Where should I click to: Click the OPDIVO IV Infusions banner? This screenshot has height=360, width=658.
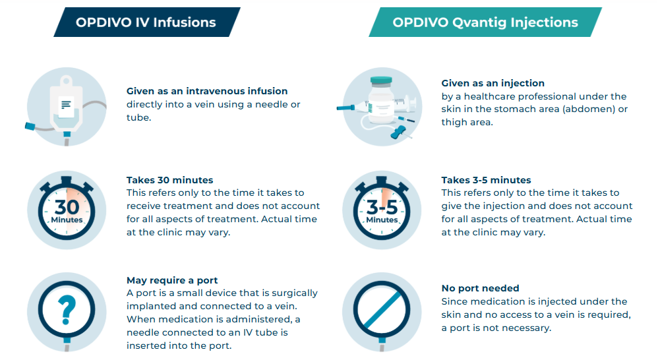[x=147, y=22]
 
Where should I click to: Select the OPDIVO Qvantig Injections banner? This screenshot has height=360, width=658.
[x=485, y=22]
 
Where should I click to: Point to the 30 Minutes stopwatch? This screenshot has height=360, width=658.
[x=67, y=208]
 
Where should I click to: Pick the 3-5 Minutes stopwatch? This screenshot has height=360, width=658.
[x=382, y=208]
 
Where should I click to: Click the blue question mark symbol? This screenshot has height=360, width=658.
[x=67, y=310]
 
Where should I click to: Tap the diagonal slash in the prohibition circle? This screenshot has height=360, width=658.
[x=382, y=310]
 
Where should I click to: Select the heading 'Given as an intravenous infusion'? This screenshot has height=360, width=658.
[x=207, y=91]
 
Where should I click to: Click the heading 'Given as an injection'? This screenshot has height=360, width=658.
[x=493, y=83]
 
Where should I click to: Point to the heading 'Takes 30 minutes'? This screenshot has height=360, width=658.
[x=169, y=180]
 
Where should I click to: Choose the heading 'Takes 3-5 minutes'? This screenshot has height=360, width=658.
[x=486, y=180]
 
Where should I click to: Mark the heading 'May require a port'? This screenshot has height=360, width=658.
[x=172, y=280]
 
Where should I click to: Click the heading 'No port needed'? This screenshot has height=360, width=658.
[x=480, y=288]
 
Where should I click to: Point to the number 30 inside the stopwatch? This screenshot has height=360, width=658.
[x=67, y=206]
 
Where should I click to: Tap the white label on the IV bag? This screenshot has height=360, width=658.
[x=67, y=105]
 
